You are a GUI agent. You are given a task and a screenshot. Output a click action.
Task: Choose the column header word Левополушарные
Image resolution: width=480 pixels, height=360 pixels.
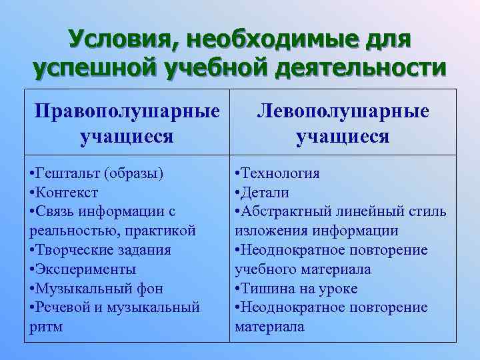343,110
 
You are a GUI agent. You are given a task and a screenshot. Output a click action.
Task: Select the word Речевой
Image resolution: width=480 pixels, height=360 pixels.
63,307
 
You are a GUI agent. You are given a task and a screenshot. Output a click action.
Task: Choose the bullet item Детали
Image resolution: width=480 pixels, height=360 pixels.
265,193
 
